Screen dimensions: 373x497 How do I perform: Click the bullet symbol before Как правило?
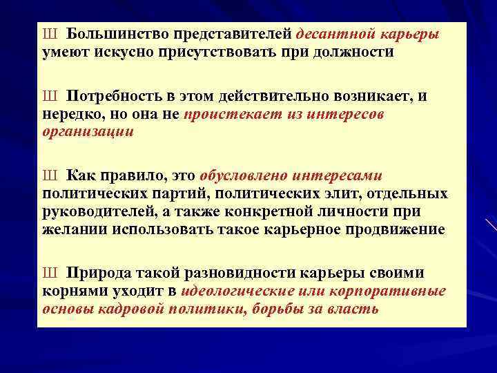pyautogui.click(x=50, y=176)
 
